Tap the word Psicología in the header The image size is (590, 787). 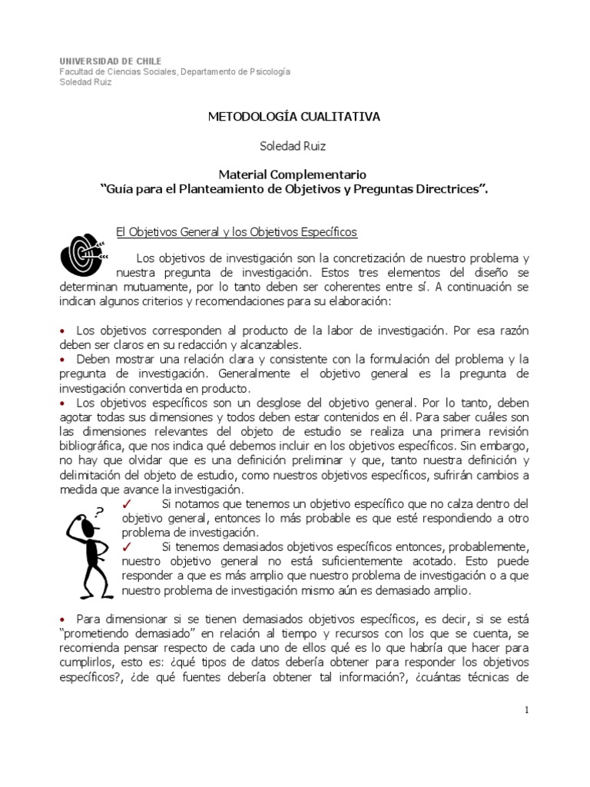coord(270,71)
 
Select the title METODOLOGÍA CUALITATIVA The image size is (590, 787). coord(294,117)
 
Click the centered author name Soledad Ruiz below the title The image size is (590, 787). coord(294,145)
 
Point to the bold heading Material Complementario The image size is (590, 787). coord(294,174)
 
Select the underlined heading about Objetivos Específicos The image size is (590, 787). coord(236,231)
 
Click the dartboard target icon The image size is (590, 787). coord(82,251)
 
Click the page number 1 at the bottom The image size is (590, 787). coord(526,710)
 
